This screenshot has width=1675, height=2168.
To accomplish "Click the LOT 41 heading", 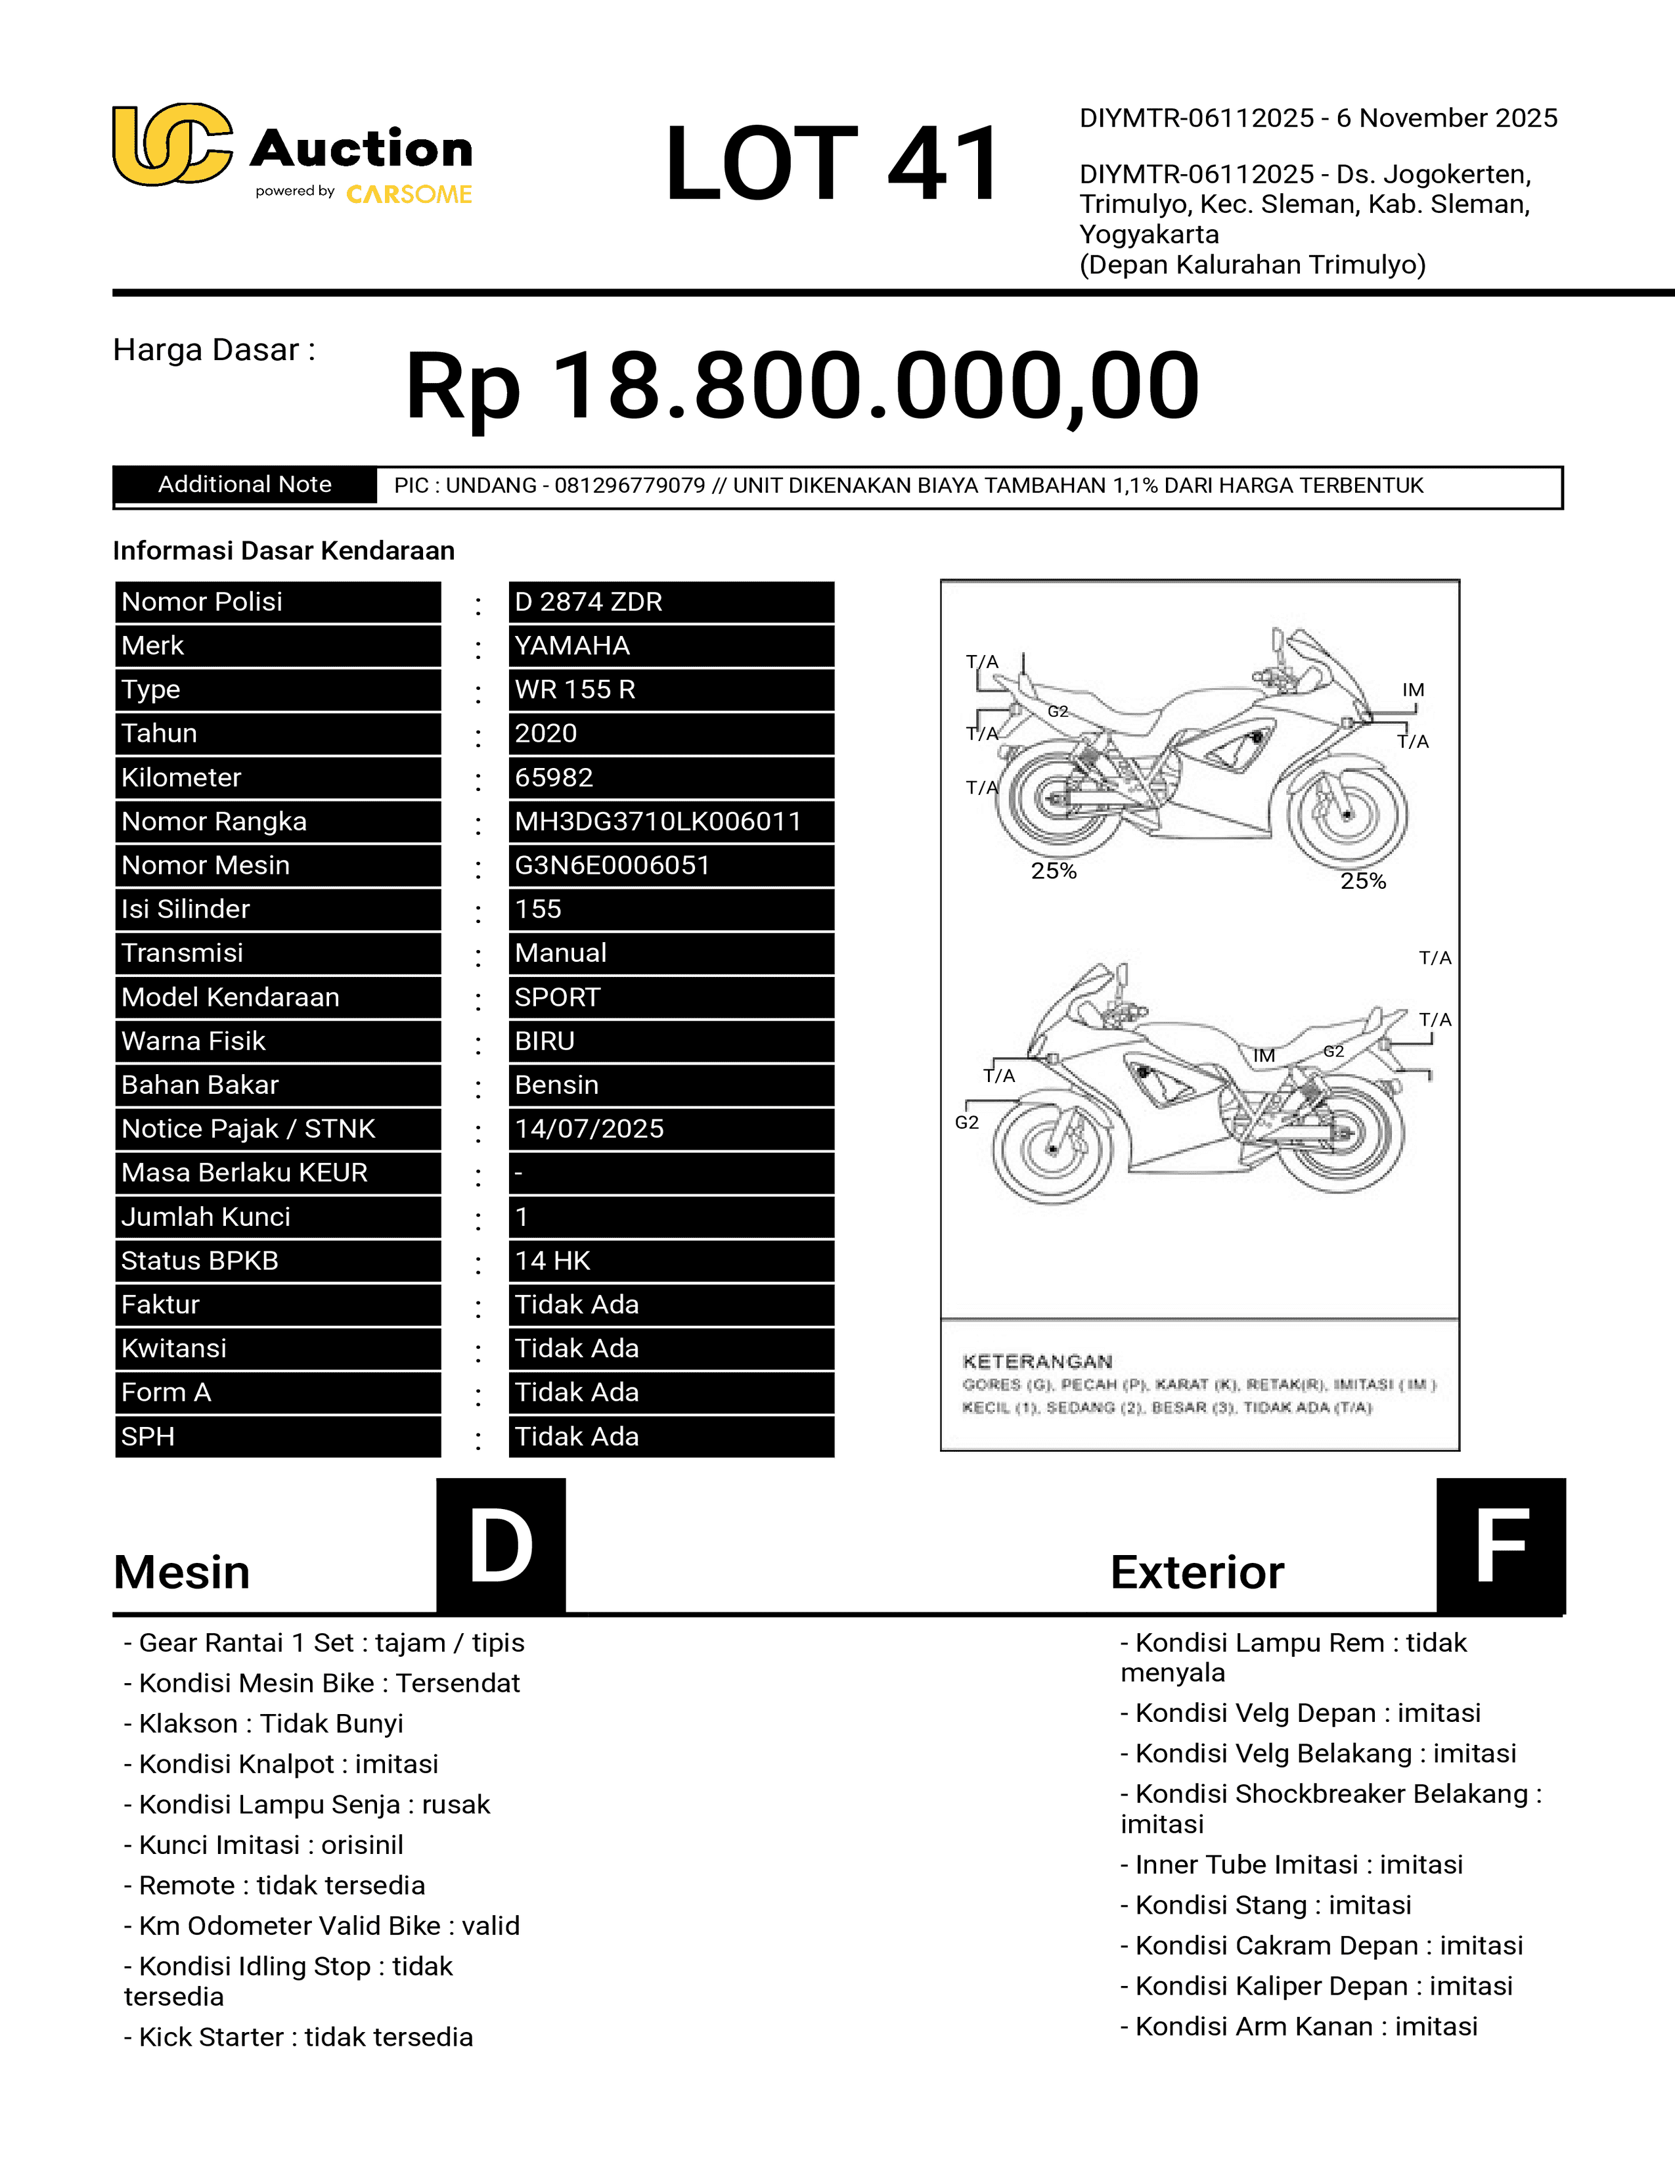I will (834, 164).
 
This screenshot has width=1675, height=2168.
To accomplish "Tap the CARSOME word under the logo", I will (409, 194).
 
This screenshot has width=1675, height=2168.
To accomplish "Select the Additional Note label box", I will (245, 484).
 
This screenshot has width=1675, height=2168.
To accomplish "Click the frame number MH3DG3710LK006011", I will (657, 821).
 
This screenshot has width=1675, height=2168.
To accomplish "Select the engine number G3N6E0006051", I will (612, 865).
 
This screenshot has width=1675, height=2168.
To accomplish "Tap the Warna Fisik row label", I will (194, 1041).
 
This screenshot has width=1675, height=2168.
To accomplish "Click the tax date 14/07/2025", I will (589, 1129).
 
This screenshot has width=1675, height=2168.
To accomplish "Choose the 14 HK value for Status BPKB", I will (552, 1261).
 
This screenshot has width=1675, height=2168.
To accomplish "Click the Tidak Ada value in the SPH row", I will (577, 1436).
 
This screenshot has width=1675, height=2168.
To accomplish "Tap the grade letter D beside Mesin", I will (501, 1546).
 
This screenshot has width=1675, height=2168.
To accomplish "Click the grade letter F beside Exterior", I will (1500, 1546).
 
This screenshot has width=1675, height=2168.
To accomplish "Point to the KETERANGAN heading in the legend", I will (1037, 1361).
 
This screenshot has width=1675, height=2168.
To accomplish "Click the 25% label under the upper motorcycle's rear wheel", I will (1053, 870).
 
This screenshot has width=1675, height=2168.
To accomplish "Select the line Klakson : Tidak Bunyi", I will (263, 1723).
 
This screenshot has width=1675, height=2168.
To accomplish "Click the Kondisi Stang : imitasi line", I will (1265, 1905).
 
